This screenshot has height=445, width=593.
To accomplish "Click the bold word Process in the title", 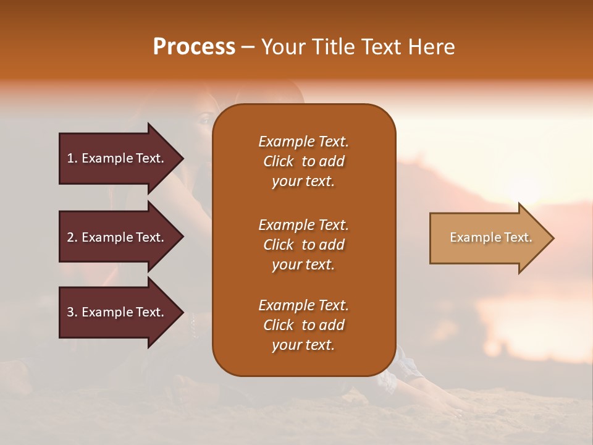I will coord(194,47).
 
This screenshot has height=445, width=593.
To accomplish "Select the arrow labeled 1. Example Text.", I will coord(117,158).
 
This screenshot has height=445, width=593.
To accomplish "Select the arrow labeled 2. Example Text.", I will coord(117,237).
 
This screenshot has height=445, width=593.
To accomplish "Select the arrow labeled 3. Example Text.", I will coord(117,312).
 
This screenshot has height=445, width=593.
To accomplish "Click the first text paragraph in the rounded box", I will coord(303,161).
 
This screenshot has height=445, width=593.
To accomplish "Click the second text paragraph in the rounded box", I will coord(303,245).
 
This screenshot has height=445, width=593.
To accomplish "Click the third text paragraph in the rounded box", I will coord(303,325).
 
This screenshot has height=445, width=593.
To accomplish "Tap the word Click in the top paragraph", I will coord(279,161).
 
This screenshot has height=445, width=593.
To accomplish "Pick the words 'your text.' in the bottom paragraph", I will coord(303,345).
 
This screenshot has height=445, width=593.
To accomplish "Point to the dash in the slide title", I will coord(248,48).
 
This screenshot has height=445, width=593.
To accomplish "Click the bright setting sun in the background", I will coord(525,185).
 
